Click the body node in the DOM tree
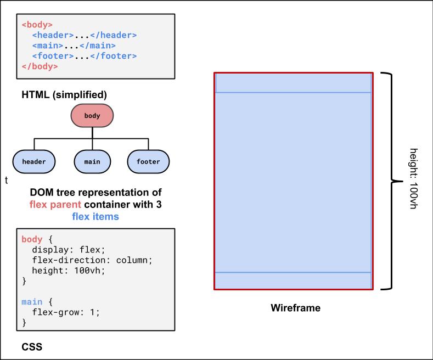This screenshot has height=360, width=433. (x=92, y=116)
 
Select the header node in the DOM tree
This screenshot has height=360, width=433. (x=34, y=161)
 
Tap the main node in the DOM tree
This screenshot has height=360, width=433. (x=92, y=161)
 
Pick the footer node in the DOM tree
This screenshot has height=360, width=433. (x=148, y=161)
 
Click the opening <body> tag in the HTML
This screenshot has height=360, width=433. (x=37, y=25)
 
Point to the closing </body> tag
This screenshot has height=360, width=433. (x=40, y=66)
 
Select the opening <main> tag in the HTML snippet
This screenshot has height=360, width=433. (x=48, y=46)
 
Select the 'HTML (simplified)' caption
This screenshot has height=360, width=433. (x=64, y=94)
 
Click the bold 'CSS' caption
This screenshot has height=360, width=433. (x=32, y=347)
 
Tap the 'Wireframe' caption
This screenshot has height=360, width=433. (x=295, y=308)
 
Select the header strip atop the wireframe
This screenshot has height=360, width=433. (x=293, y=83)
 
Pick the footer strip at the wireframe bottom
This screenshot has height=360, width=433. (x=293, y=280)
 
